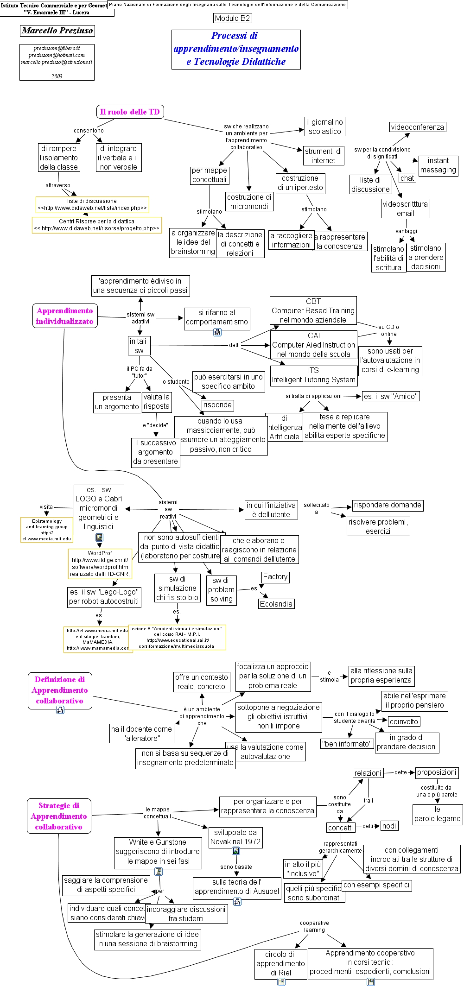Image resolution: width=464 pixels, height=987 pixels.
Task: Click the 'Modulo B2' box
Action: point(233,18)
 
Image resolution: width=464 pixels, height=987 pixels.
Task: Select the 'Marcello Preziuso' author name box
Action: point(57,31)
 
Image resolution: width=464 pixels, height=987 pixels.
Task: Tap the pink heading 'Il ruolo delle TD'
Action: point(130,112)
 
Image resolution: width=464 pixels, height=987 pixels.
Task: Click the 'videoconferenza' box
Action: point(417,127)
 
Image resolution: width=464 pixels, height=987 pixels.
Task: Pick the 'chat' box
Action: point(407,178)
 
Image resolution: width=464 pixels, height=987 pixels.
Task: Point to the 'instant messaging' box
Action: point(438,165)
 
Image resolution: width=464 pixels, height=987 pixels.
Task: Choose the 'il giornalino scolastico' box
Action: point(324,127)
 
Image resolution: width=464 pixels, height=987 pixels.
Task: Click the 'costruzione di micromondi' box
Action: point(249,202)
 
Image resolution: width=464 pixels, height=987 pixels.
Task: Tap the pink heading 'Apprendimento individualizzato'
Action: point(64,316)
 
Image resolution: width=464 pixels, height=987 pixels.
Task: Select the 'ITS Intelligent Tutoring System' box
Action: point(313,375)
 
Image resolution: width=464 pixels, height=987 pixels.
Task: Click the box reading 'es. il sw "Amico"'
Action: point(391,396)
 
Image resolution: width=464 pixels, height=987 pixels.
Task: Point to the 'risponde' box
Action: point(217,405)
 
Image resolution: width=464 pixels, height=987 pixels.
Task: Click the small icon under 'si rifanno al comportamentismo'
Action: point(217,332)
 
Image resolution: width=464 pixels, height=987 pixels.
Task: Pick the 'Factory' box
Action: point(275,577)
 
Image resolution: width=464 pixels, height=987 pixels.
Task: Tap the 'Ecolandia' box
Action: point(276,604)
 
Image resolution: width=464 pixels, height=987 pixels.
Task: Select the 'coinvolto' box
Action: point(404,721)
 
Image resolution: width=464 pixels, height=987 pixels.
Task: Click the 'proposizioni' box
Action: point(437,772)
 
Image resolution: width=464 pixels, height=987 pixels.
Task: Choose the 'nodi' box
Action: point(389,826)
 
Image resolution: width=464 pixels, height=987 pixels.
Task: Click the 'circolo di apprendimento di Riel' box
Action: point(280,963)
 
